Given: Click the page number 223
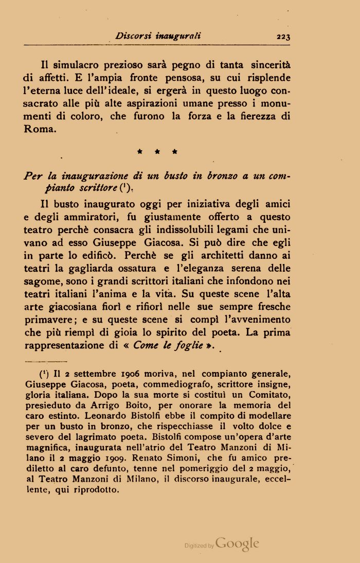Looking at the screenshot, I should pos(283,36).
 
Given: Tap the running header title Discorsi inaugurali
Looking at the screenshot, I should pos(158,36).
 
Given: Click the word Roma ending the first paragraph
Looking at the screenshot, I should pos(39,129).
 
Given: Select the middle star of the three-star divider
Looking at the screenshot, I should pos(157,152).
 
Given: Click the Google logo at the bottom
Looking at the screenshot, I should pos(237,544).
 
